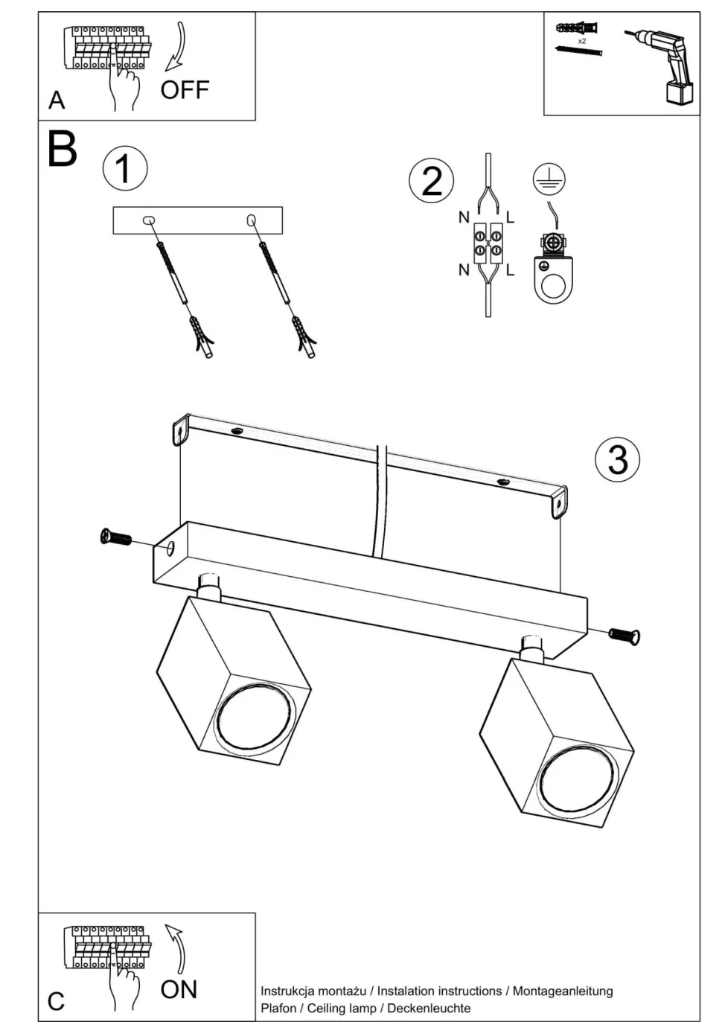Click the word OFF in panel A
185,90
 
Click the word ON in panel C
179,989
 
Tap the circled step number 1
124,168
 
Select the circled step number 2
432,181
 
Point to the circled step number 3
618,459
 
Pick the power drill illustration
664,64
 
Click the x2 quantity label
581,41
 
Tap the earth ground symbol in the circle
549,179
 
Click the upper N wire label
464,217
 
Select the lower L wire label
510,270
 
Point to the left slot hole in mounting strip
148,221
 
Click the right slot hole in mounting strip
251,220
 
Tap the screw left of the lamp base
116,537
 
